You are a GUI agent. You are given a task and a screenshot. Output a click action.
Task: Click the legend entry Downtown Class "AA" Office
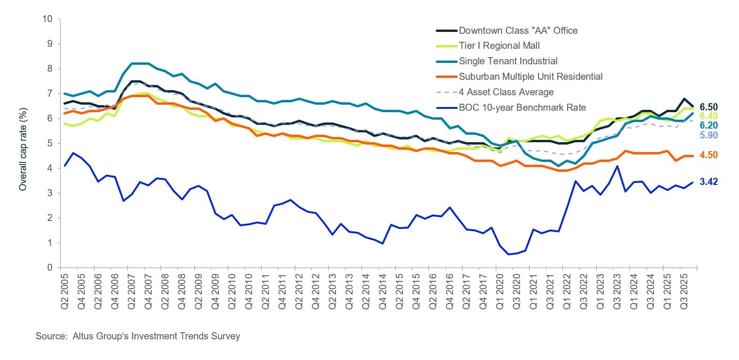coord(518,31)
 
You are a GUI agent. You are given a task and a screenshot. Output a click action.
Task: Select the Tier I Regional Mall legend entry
coord(499,46)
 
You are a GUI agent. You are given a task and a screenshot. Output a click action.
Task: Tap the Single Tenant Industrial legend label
coord(508,61)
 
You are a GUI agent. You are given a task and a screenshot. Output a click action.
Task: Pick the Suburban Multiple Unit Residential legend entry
coord(531,77)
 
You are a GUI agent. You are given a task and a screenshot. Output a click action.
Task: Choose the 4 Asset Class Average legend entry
coord(506,92)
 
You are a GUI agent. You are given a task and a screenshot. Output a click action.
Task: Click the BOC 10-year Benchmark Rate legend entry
coord(522,107)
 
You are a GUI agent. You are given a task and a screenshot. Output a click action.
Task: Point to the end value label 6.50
coord(708,107)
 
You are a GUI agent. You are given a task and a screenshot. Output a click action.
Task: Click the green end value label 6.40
coord(708,116)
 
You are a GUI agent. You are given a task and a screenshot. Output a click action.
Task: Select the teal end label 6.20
coord(708,125)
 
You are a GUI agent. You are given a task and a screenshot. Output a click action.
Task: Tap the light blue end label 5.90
coord(708,135)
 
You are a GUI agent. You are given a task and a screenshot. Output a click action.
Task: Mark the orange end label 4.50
coord(708,155)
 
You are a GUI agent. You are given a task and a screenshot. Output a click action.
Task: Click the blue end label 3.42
coord(708,182)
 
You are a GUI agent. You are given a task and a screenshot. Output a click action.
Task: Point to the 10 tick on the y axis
coord(47,19)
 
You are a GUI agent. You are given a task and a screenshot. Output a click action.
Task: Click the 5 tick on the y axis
coord(49,143)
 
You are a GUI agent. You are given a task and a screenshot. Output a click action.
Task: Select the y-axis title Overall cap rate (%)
coord(23,149)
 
